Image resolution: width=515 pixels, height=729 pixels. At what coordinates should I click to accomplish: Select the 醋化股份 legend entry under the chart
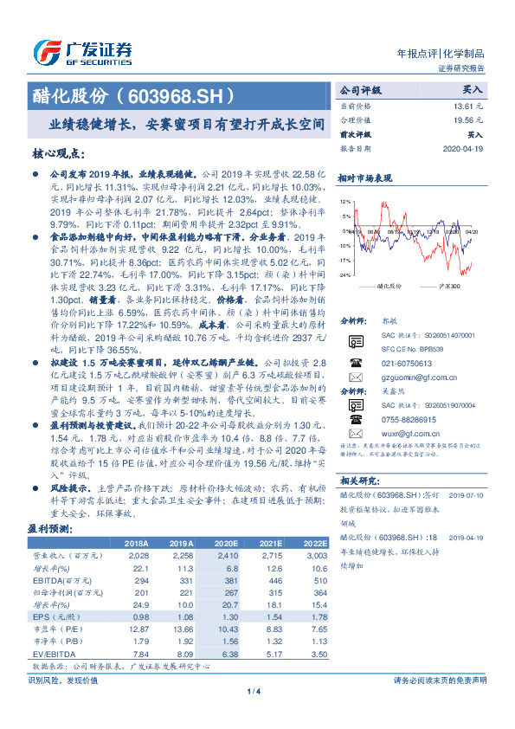point(390,285)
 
